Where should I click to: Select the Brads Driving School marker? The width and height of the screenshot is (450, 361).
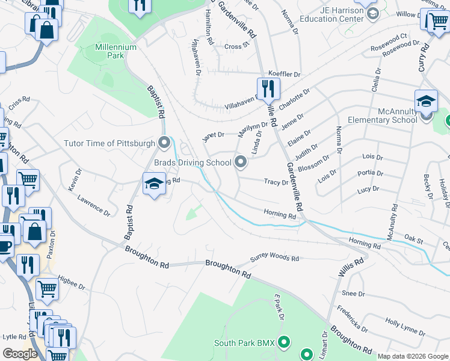point(241,162)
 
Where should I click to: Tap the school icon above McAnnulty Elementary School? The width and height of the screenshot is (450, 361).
point(426,100)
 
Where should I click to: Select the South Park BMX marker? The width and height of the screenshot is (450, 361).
point(284,344)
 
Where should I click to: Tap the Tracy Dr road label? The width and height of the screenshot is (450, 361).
point(276,182)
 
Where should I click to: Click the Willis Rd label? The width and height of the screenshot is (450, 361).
point(351,267)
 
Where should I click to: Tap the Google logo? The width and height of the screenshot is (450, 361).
point(20,354)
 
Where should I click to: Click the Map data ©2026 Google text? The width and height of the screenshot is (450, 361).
point(412,356)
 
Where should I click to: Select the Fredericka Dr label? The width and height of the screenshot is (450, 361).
point(353,319)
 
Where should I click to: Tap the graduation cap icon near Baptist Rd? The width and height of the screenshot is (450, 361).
point(154,184)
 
